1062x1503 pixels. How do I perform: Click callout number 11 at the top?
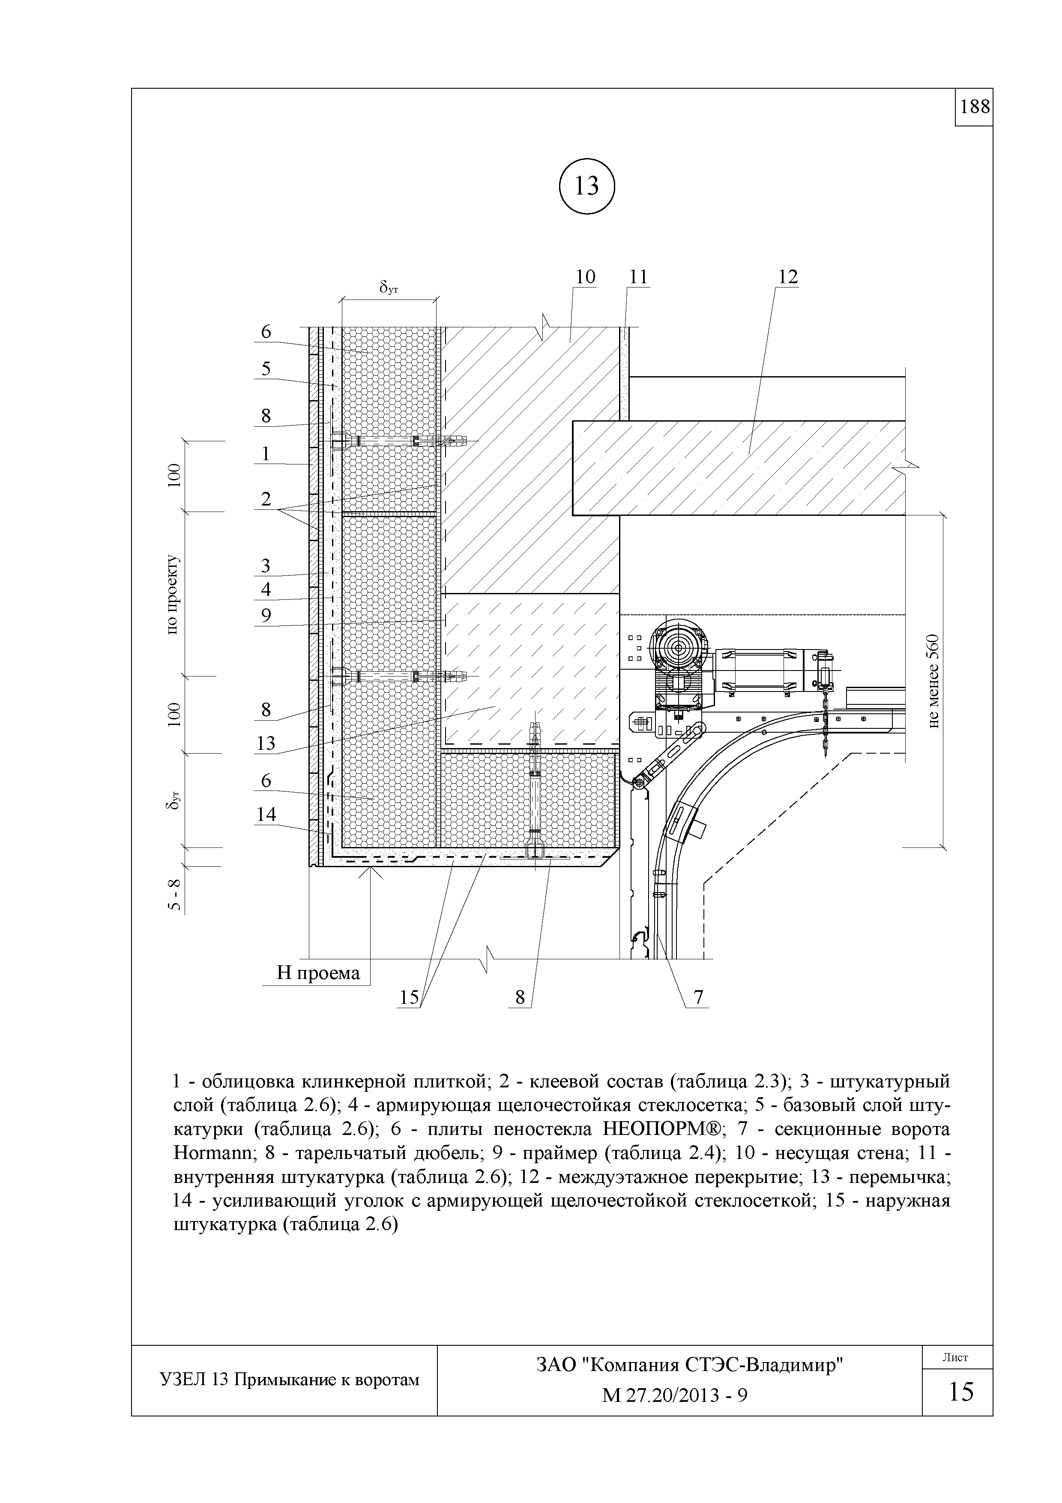point(638,277)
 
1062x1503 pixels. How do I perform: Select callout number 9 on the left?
point(266,615)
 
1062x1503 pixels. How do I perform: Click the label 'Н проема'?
point(318,973)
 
